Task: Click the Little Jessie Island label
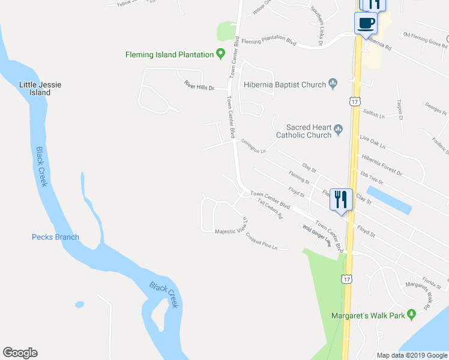point(40,89)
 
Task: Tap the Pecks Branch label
point(55,237)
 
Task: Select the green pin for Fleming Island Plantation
point(221,54)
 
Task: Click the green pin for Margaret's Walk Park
point(411,314)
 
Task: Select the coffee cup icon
point(366,24)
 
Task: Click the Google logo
point(20,353)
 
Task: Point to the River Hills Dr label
point(198,88)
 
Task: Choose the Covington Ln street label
point(253,146)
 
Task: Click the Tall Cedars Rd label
point(270,209)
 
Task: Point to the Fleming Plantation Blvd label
point(270,41)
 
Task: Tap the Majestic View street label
point(231,231)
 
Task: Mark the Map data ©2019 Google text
point(412,355)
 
